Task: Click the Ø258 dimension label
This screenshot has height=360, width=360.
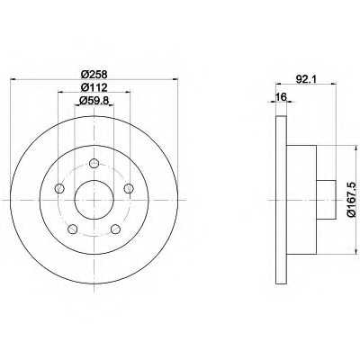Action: pyautogui.click(x=94, y=74)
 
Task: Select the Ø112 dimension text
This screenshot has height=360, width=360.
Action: pyautogui.click(x=94, y=87)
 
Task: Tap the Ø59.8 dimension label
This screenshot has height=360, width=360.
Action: pyautogui.click(x=94, y=101)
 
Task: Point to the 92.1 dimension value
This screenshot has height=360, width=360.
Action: pyautogui.click(x=306, y=79)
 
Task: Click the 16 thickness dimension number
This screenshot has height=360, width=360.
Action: pyautogui.click(x=282, y=97)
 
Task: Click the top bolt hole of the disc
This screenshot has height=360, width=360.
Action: pyautogui.click(x=94, y=164)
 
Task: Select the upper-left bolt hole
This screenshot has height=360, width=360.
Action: pyautogui.click(x=60, y=188)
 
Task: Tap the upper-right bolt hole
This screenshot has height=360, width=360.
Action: pyautogui.click(x=129, y=188)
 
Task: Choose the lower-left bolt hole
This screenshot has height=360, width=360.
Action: pyautogui.click(x=73, y=229)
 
